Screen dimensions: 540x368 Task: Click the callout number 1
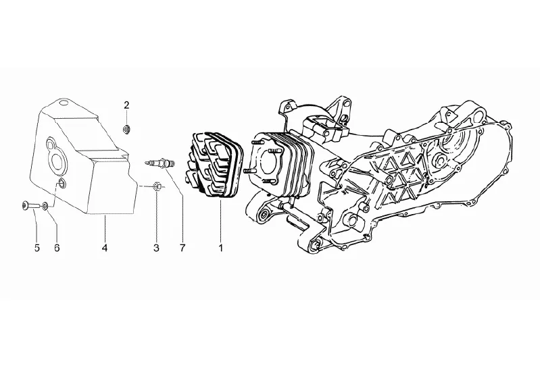(x=220, y=248)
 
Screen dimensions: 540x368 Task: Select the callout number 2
(x=126, y=105)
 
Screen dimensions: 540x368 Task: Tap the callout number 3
(x=156, y=248)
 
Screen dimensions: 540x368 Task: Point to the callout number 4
(x=105, y=248)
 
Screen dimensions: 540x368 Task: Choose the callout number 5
(x=37, y=248)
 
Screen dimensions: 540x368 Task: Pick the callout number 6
(x=57, y=248)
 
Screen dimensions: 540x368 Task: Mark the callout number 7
(x=182, y=248)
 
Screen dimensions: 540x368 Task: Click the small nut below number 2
(x=126, y=128)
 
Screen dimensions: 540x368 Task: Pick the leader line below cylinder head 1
(x=220, y=219)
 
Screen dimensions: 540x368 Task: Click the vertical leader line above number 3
(x=156, y=216)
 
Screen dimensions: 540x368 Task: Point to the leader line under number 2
(x=126, y=117)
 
